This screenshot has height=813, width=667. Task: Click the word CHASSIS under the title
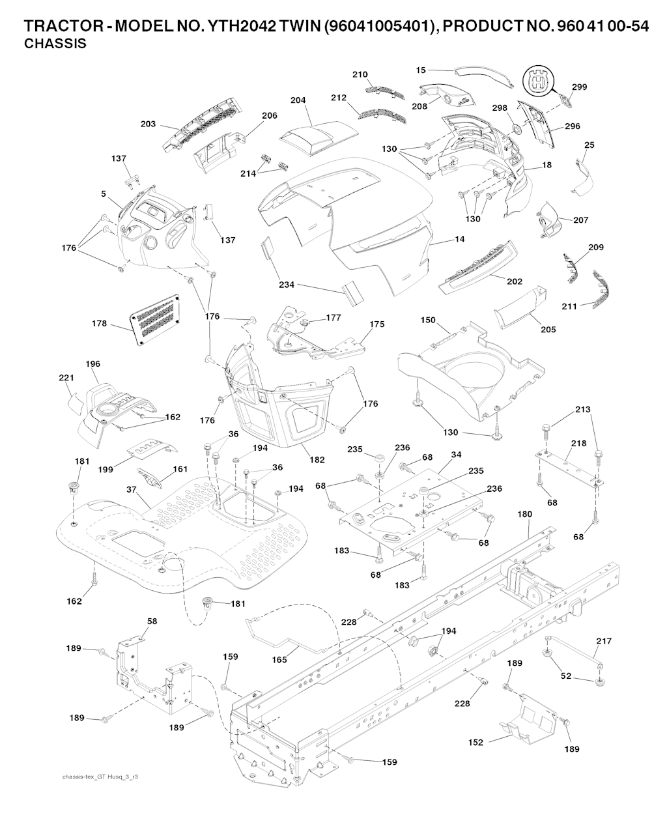coord(55,45)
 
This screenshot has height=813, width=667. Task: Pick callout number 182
coord(317,460)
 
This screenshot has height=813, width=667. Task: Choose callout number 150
coord(427,321)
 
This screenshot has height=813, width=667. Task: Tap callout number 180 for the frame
coord(524,514)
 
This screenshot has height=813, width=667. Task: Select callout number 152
coord(476,742)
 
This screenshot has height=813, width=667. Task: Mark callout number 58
coord(152,621)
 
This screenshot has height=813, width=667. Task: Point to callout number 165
coord(279,660)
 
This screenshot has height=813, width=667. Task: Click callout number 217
coord(603,641)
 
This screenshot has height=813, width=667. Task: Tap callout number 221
coord(67,377)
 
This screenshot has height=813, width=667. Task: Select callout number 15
coord(421,70)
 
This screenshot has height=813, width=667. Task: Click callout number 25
coord(589,145)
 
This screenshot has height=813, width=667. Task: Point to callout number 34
coord(456,453)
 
